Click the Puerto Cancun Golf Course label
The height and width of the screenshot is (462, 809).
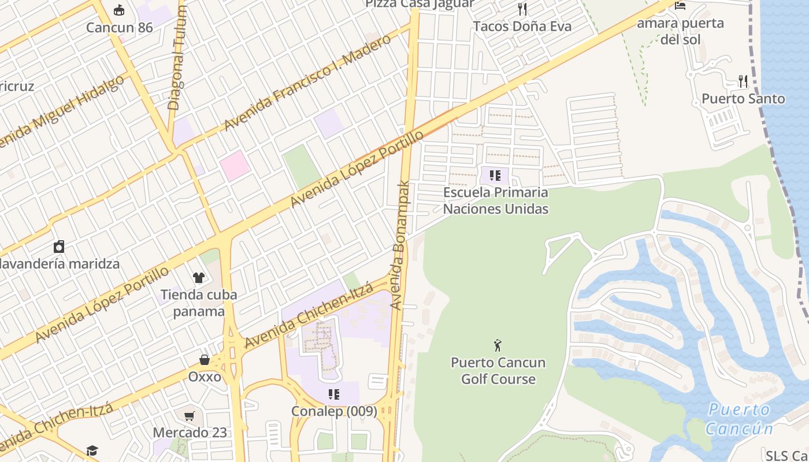click(x=498, y=371)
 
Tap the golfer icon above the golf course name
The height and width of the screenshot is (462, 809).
click(x=498, y=345)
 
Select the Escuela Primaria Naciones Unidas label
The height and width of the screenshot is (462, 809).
click(x=495, y=200)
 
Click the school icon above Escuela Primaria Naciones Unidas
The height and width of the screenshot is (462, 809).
click(x=495, y=175)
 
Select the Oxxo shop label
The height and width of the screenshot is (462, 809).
click(x=205, y=377)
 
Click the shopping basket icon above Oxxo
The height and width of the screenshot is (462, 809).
click(x=205, y=360)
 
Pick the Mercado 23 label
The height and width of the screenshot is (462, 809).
click(x=190, y=433)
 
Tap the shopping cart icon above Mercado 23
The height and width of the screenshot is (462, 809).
click(x=190, y=416)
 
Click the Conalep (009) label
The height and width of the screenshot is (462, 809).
click(x=334, y=411)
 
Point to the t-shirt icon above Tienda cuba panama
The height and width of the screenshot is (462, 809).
click(x=199, y=278)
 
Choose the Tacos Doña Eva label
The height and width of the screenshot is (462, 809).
click(x=522, y=26)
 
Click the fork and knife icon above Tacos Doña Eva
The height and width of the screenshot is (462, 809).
click(x=522, y=9)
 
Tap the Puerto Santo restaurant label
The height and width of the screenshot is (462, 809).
click(x=743, y=99)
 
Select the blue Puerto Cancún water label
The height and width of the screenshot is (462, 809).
click(x=739, y=419)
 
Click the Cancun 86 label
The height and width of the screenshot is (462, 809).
click(x=120, y=28)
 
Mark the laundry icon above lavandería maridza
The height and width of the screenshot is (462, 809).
click(x=59, y=247)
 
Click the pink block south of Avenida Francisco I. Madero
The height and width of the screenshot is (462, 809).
click(x=235, y=165)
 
